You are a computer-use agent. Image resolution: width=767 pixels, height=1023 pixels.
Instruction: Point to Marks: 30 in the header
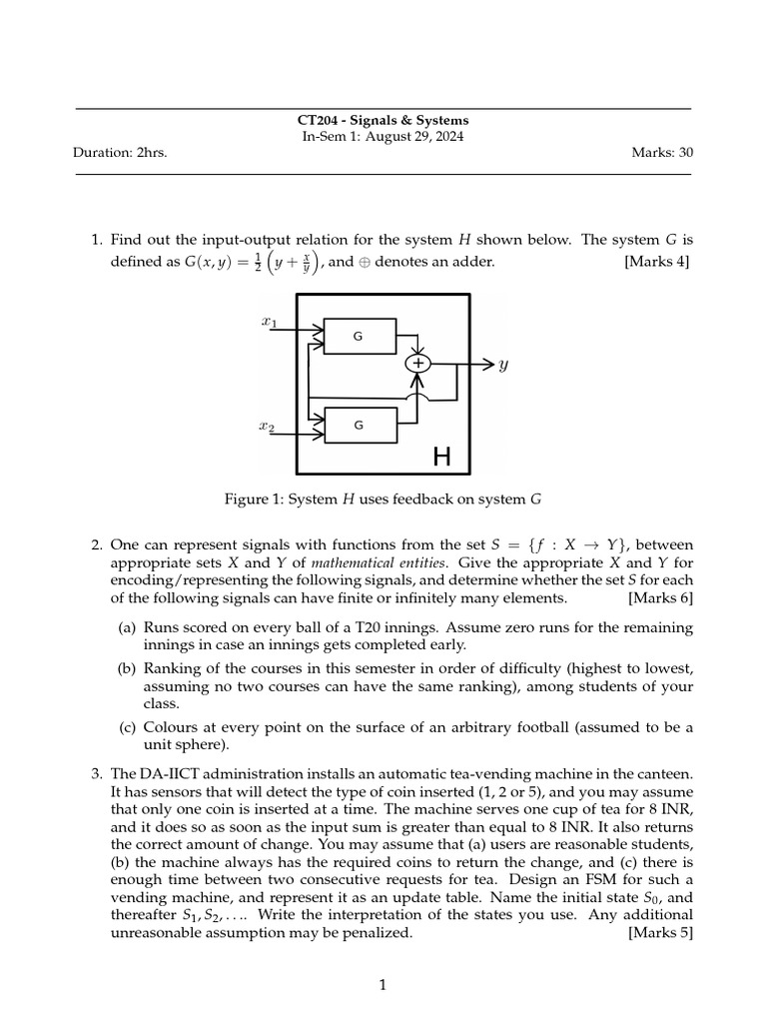click(662, 153)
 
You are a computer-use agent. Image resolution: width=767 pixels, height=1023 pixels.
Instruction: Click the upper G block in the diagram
click(359, 337)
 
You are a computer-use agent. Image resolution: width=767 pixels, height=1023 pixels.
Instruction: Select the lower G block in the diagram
click(359, 426)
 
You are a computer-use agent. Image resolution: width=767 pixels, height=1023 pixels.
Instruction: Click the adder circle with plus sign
click(419, 365)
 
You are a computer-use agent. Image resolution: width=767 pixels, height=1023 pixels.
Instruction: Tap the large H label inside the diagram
click(441, 458)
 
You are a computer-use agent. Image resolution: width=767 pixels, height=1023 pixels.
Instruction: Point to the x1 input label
click(269, 322)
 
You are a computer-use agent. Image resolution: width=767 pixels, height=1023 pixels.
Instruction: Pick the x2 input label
click(267, 427)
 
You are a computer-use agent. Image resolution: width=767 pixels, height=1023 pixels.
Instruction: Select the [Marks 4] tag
click(657, 262)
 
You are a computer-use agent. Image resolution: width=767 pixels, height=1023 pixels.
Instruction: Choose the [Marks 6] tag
click(660, 598)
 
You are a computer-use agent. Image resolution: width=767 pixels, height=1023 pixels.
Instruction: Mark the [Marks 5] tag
click(660, 933)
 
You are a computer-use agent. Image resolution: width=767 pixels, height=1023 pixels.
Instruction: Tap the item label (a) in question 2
click(128, 627)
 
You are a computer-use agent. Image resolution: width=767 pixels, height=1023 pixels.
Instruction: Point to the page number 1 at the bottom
click(383, 986)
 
